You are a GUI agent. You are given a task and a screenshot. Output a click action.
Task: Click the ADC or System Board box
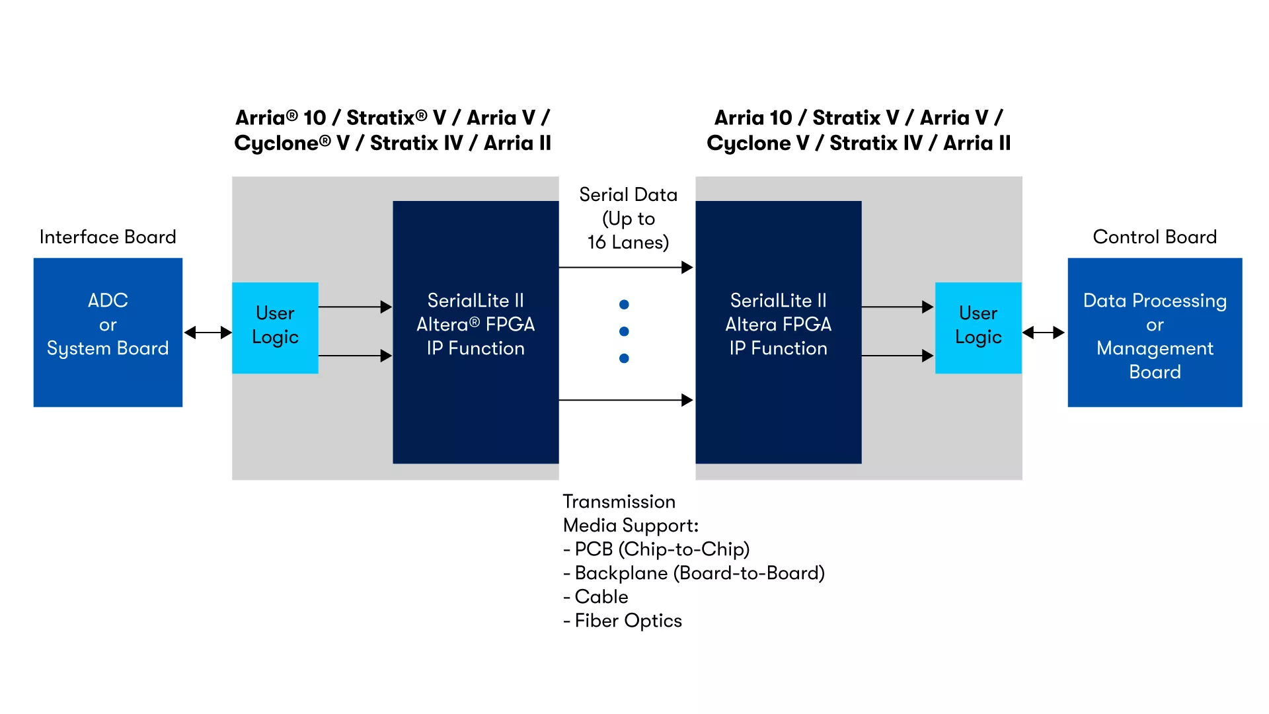tap(108, 332)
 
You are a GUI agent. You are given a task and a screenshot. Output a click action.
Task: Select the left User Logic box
tap(275, 328)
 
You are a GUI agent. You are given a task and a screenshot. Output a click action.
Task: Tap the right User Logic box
tap(978, 328)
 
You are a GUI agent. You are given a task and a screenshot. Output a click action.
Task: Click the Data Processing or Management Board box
tap(1155, 332)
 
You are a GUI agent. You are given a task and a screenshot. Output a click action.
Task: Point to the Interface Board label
tap(108, 237)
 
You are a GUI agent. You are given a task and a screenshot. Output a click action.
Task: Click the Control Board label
tap(1155, 237)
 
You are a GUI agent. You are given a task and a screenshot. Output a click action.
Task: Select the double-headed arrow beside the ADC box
tap(208, 333)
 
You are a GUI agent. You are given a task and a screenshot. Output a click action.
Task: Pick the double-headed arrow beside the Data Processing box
tap(1044, 333)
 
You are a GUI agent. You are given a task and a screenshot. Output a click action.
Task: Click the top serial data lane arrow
tap(626, 267)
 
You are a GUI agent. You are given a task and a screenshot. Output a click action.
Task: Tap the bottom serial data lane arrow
tap(626, 400)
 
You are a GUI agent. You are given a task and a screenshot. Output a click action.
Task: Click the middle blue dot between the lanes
tap(624, 331)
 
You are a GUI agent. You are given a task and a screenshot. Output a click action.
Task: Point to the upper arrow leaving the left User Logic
tap(356, 307)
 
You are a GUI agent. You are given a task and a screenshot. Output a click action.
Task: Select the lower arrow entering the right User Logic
tap(898, 356)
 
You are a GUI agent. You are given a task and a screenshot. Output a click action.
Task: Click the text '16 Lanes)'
tap(628, 243)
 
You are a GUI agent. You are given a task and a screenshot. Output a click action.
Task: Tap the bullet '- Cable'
tap(596, 596)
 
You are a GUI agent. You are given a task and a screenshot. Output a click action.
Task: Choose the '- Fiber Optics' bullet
tap(623, 621)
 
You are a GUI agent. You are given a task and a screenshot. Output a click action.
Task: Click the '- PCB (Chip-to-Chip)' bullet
tap(656, 549)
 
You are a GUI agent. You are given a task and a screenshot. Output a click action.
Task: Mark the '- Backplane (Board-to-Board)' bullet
tap(694, 573)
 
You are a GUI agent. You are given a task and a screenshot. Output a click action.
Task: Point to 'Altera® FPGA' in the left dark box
tap(476, 324)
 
